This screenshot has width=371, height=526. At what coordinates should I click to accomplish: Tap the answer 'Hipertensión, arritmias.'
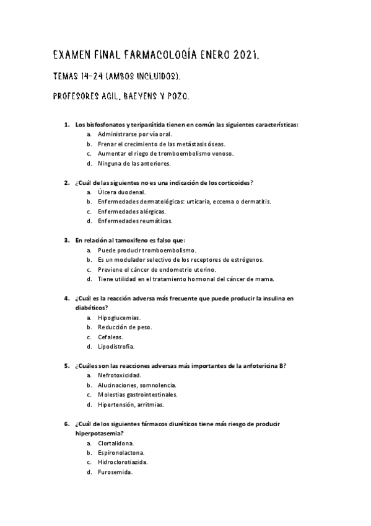coord(131,404)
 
